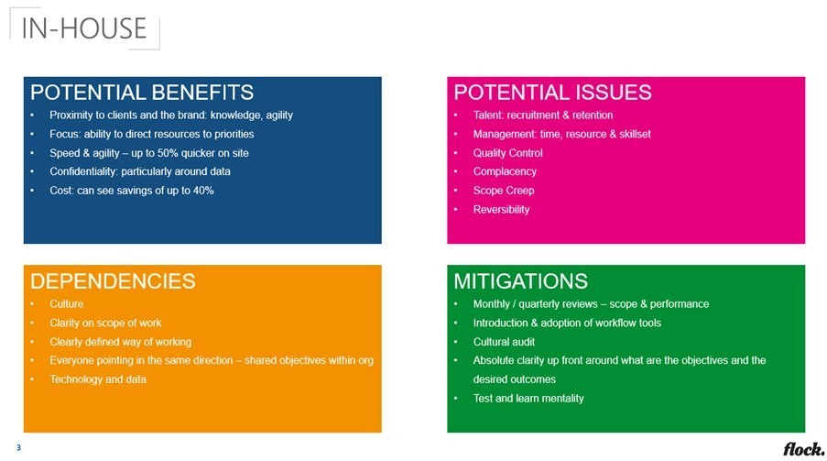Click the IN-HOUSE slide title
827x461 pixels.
pos(84,28)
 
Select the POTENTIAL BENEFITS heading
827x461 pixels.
pos(142,93)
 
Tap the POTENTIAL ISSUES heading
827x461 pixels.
pos(553,93)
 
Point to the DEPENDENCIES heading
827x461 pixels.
pos(113,281)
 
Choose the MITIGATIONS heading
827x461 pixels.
pos(520,281)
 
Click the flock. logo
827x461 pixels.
pos(803,449)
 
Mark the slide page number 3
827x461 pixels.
pos(18,448)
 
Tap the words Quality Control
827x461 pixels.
pos(508,153)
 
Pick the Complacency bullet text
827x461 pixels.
pos(505,171)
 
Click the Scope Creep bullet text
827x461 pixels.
pos(504,191)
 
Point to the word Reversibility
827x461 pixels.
pos(501,210)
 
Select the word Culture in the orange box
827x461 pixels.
pos(67,304)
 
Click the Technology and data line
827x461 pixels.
pos(98,379)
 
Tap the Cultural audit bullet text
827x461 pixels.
pos(504,342)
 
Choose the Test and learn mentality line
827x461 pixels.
pos(528,398)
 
